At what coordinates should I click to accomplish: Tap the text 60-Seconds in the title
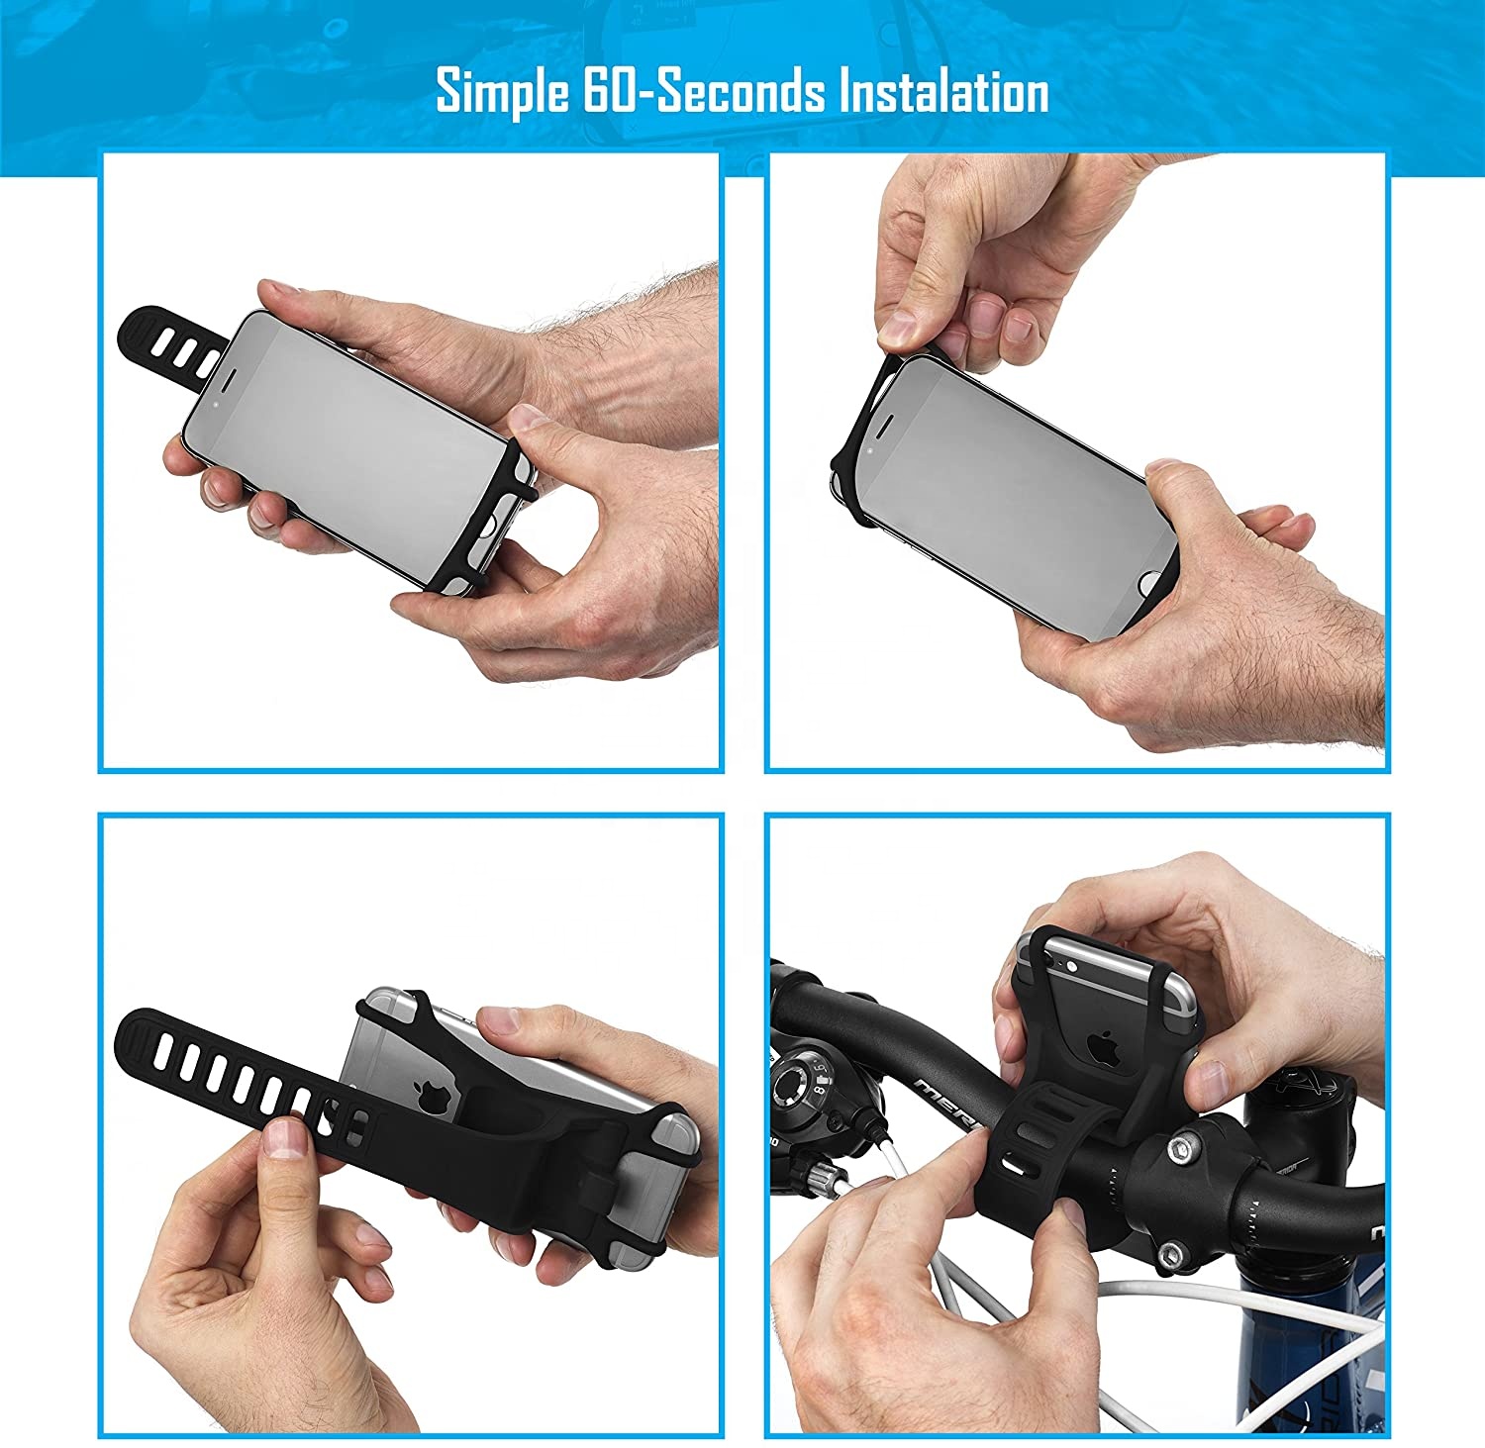(702, 92)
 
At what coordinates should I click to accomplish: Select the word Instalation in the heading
(943, 92)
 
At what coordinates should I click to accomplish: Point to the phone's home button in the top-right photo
(1151, 583)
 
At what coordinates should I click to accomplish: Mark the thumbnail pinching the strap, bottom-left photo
(286, 1138)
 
